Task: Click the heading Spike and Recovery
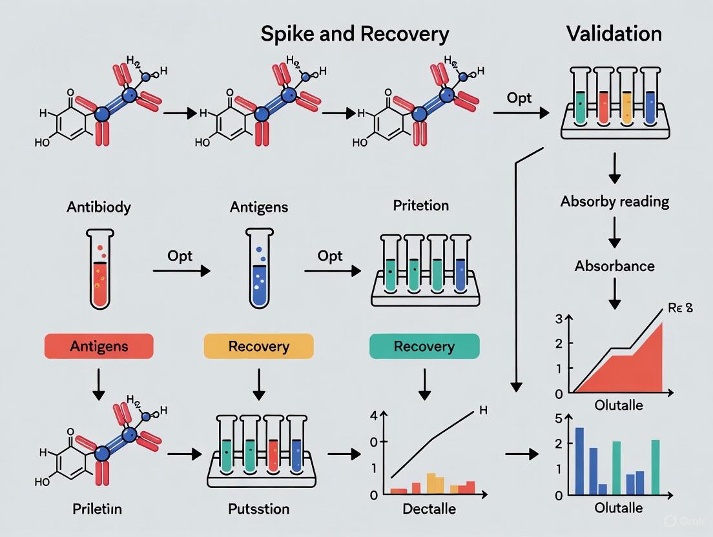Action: pyautogui.click(x=355, y=34)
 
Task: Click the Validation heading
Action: pyautogui.click(x=614, y=34)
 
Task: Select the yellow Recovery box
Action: pyautogui.click(x=258, y=346)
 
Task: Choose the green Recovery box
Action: pyautogui.click(x=424, y=346)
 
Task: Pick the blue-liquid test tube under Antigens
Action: pyautogui.click(x=258, y=271)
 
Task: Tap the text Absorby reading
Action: pyautogui.click(x=614, y=201)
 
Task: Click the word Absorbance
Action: pyautogui.click(x=614, y=265)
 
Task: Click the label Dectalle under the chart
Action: pyautogui.click(x=429, y=509)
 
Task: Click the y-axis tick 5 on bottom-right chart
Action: pyautogui.click(x=559, y=418)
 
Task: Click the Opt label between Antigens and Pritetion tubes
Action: pyautogui.click(x=329, y=256)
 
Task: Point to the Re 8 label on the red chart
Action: pyautogui.click(x=680, y=307)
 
